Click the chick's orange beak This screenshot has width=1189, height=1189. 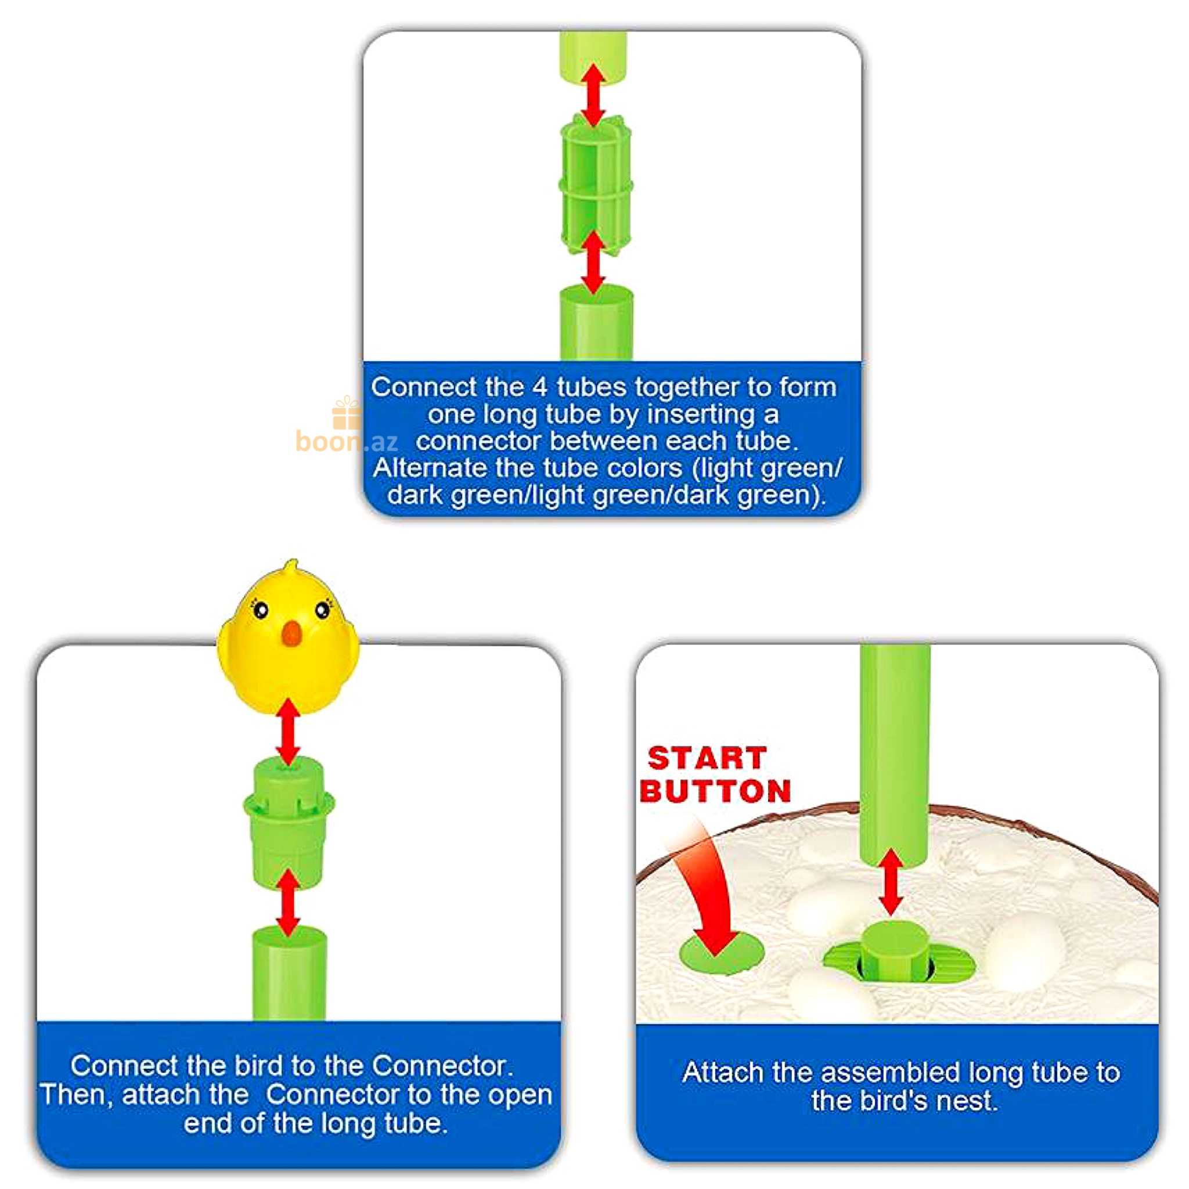tap(291, 634)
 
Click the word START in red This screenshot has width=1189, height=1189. tap(707, 758)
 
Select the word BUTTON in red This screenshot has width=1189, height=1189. tap(716, 791)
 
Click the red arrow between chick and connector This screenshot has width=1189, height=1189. tap(288, 732)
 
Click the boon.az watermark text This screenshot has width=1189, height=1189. tap(347, 441)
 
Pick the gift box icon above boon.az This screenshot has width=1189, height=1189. tap(347, 412)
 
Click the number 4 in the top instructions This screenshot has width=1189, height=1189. tap(539, 388)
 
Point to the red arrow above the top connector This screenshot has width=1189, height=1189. tap(593, 95)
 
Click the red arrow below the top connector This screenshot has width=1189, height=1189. tap(593, 263)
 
